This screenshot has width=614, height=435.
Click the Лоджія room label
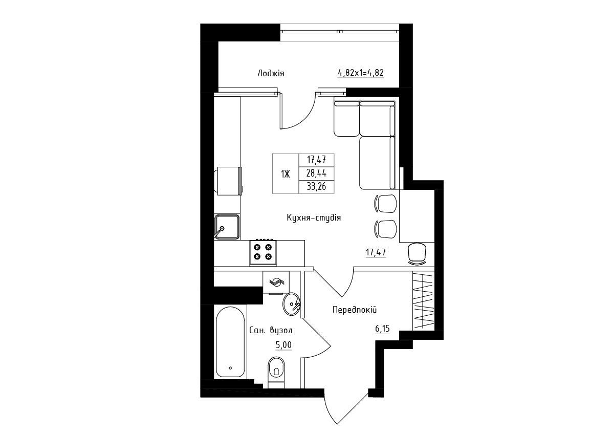(271, 74)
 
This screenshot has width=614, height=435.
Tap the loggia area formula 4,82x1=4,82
(360, 73)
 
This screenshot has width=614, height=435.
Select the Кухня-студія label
(314, 218)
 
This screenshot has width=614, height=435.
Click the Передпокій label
(355, 310)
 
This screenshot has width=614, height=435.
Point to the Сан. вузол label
(271, 330)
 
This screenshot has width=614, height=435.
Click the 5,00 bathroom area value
(283, 345)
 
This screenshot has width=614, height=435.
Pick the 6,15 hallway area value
(382, 329)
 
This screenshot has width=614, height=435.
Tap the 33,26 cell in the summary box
(316, 187)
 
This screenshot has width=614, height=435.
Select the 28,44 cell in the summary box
(316, 173)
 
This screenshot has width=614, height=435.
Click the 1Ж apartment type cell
(285, 174)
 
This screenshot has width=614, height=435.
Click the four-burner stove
(263, 252)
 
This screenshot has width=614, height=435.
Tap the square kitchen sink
(227, 227)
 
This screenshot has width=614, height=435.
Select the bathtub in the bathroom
(230, 342)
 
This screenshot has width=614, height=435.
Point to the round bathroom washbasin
(291, 304)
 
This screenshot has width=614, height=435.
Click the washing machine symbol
(276, 282)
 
